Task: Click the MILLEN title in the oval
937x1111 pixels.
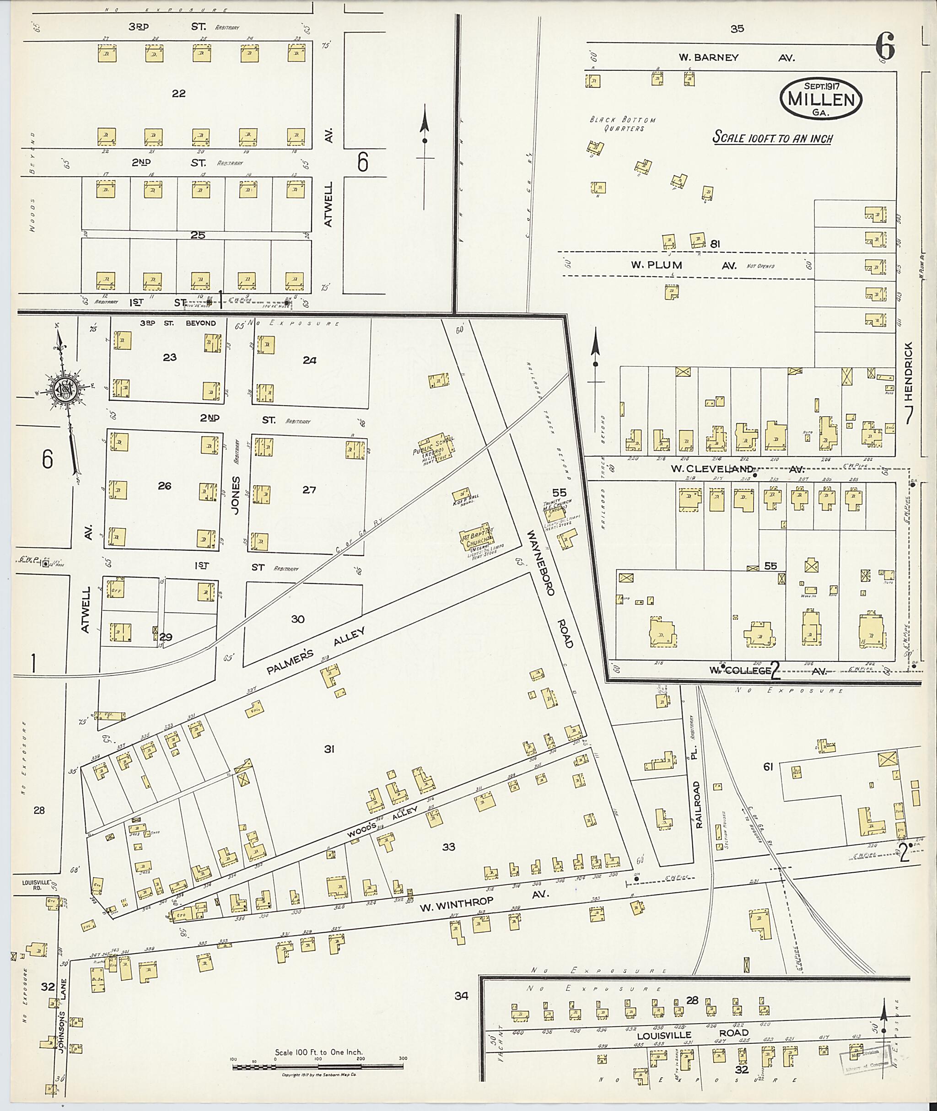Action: tap(821, 99)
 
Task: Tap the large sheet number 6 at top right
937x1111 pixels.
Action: tap(885, 47)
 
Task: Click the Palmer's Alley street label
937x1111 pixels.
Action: tap(316, 650)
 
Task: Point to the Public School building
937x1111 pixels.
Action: tap(436, 451)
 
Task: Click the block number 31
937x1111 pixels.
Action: tap(329, 749)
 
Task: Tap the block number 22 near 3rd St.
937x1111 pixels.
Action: tap(178, 93)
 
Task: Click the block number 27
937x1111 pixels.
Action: tap(309, 490)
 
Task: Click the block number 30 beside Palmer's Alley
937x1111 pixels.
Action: tap(297, 619)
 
